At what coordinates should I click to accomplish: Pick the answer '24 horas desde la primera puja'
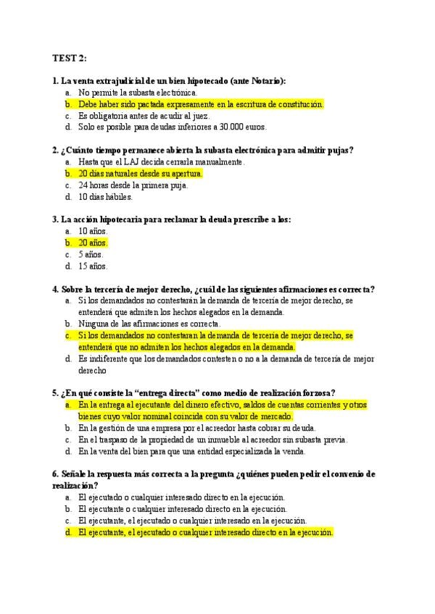(133, 185)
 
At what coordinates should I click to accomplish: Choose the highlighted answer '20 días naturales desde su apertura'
(141, 174)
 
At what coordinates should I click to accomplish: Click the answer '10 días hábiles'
(106, 196)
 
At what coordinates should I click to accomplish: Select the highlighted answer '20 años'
(93, 243)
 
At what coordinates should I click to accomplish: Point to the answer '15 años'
(93, 266)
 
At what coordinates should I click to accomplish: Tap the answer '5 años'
(91, 254)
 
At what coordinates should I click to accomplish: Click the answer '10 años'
(93, 231)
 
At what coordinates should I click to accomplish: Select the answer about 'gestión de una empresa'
(196, 428)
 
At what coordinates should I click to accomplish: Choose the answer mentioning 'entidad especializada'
(191, 451)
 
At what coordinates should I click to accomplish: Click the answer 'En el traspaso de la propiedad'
(212, 440)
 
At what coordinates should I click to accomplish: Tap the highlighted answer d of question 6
(206, 532)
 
